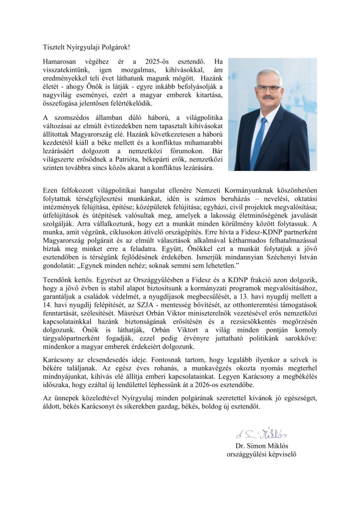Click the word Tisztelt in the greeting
tap(54, 47)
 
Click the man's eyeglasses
tap(269, 88)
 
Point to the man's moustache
tap(269, 98)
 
